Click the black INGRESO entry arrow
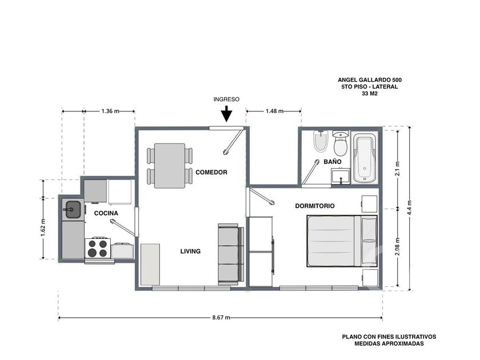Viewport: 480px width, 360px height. click(x=226, y=114)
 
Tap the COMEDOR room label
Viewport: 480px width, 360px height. click(x=211, y=173)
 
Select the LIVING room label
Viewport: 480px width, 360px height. click(x=190, y=251)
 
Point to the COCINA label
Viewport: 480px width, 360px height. click(x=106, y=213)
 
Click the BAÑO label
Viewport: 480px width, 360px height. click(x=333, y=162)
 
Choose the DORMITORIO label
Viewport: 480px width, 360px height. click(x=315, y=206)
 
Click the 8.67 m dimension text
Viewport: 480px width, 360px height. click(x=221, y=318)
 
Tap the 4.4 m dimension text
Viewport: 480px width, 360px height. click(x=410, y=207)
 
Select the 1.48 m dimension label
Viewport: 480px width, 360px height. click(x=274, y=111)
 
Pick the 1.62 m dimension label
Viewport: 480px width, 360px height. click(x=43, y=227)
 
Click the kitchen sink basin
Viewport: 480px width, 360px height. click(x=73, y=210)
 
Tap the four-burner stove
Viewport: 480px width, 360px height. click(x=97, y=248)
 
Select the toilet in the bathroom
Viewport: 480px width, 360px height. click(x=340, y=144)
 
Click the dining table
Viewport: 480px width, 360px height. click(x=170, y=166)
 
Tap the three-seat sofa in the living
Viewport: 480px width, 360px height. click(x=231, y=254)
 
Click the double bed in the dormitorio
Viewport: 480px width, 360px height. click(x=342, y=241)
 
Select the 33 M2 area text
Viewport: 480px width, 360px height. click(x=370, y=94)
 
